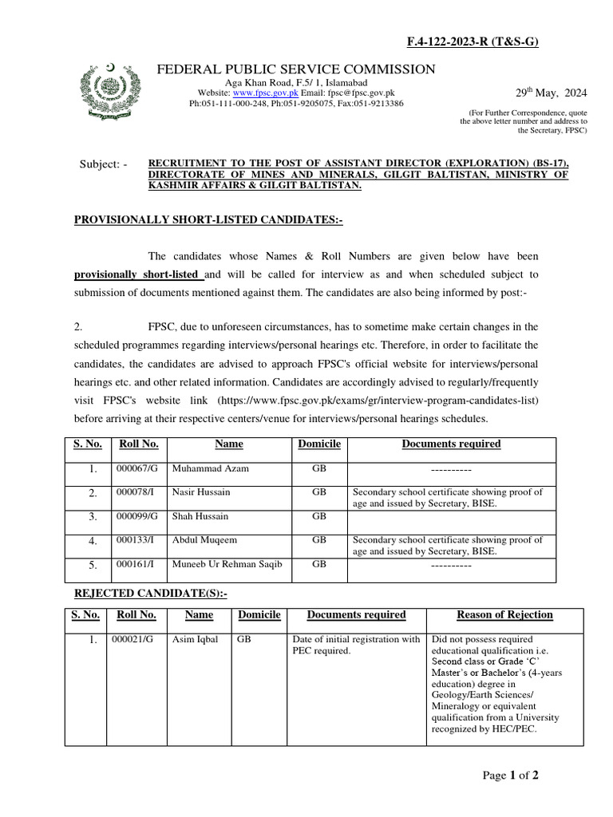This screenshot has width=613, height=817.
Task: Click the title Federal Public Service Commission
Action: point(296,69)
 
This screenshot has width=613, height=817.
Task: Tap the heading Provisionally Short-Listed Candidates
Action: point(208,219)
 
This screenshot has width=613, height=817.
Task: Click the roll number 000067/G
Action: point(137,469)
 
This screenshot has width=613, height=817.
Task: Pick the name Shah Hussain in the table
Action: point(200,516)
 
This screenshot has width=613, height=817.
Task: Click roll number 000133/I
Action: point(136,540)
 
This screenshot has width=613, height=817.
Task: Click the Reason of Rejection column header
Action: point(504,614)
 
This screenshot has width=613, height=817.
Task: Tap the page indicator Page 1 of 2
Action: point(511,776)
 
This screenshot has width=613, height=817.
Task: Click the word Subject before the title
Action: point(103,165)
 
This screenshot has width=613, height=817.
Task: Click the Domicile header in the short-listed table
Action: point(318,444)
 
